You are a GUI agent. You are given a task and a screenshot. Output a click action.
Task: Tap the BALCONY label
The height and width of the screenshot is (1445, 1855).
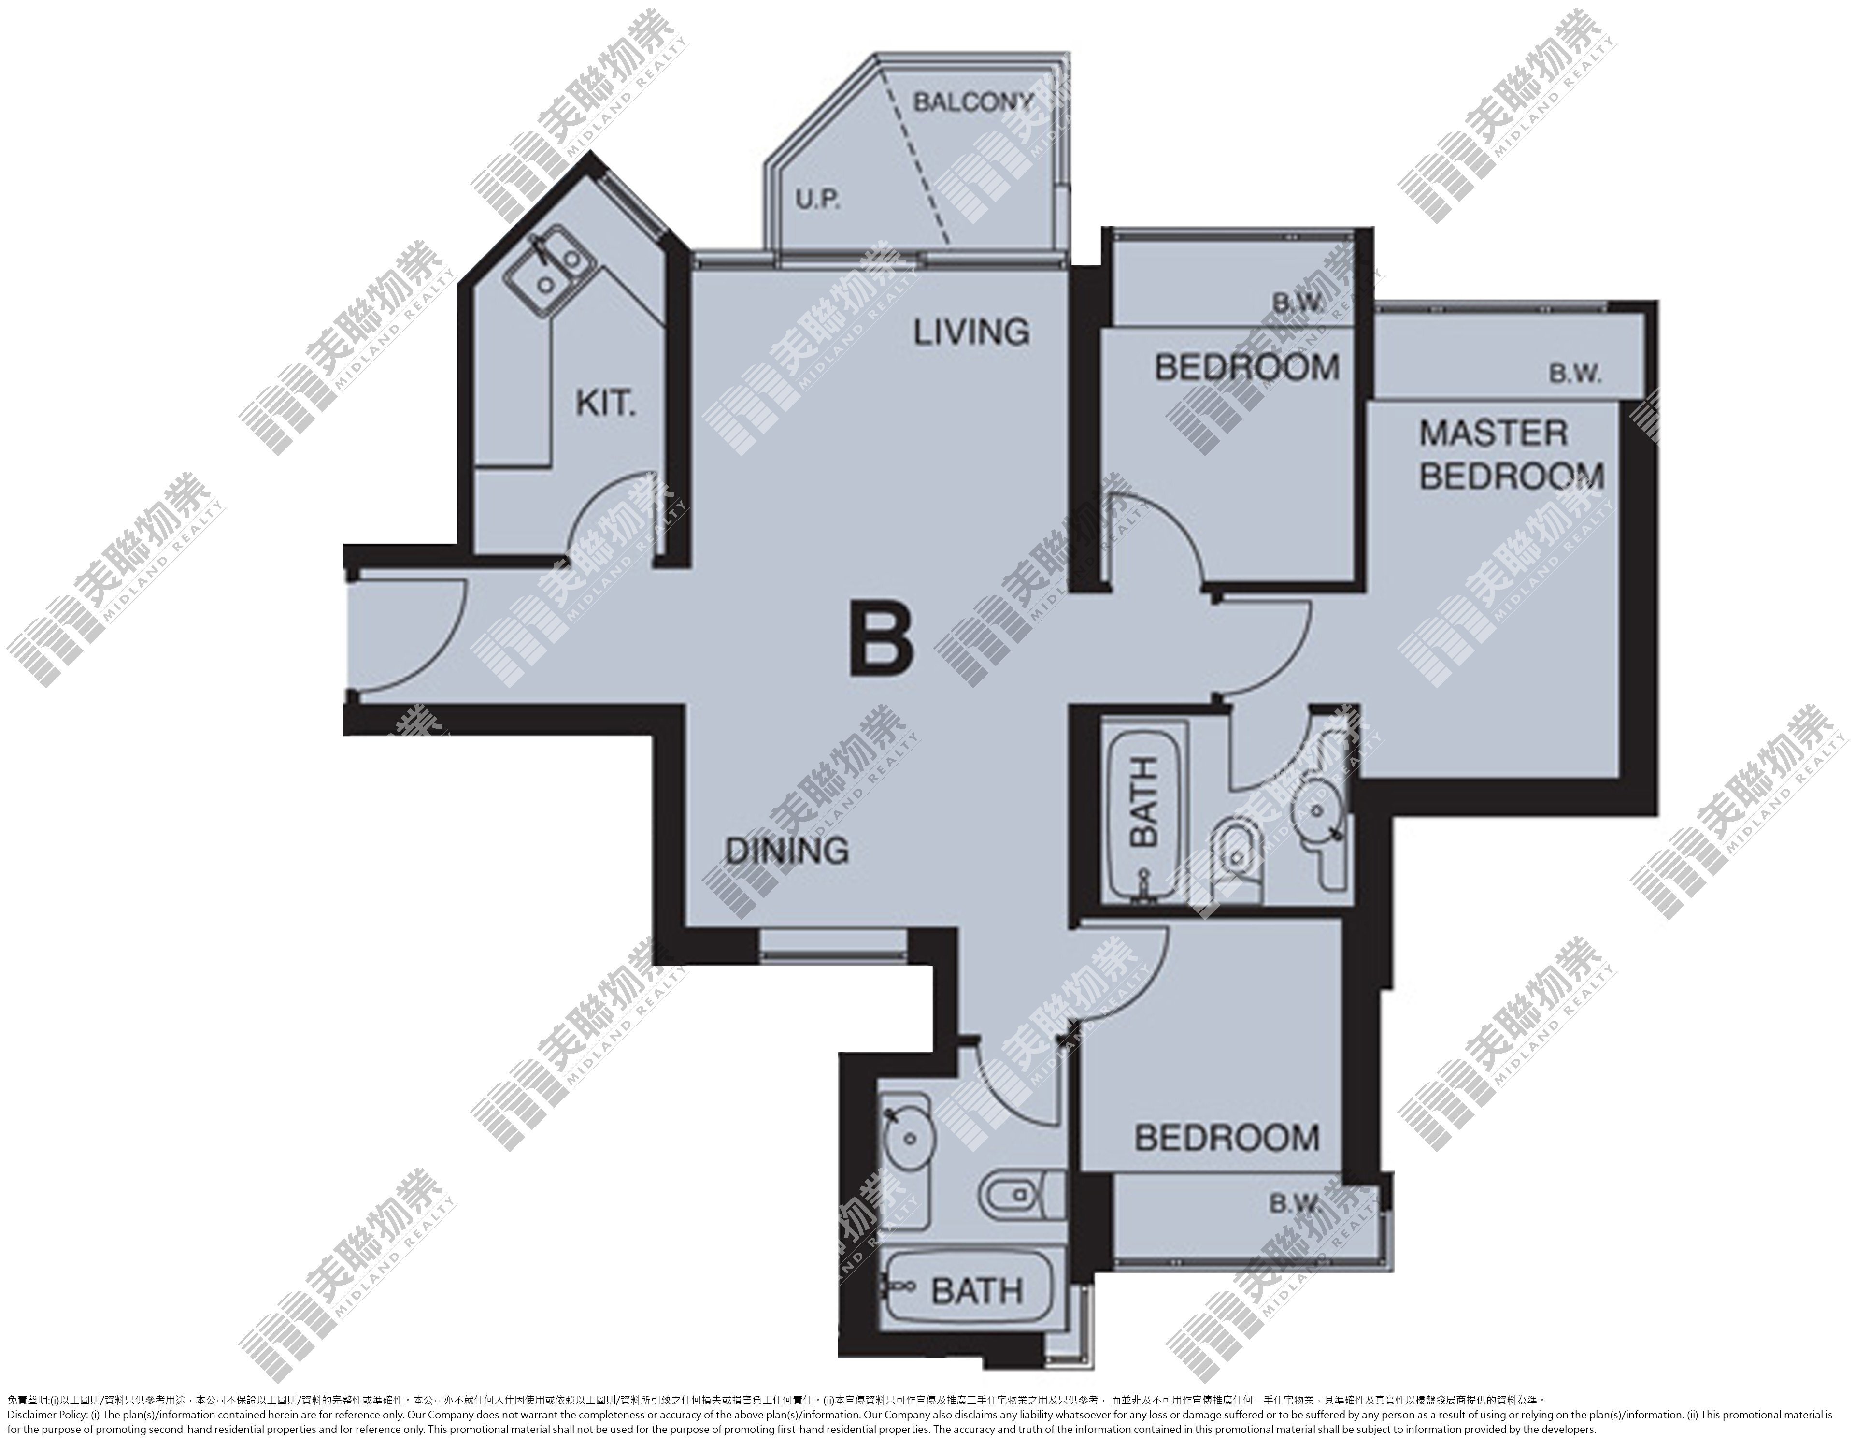[972, 103]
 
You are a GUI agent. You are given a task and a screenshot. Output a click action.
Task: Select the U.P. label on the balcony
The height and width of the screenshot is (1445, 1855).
[818, 201]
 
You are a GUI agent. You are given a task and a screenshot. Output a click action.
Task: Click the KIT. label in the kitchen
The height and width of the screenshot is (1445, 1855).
[606, 403]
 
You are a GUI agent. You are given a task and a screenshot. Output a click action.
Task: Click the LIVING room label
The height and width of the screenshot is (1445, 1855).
[971, 332]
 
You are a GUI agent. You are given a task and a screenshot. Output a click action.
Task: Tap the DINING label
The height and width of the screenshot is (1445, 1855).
[787, 850]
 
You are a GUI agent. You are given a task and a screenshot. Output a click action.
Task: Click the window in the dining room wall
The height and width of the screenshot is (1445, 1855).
[832, 945]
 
